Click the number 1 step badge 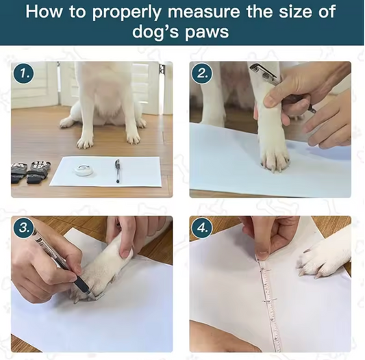click(x=23, y=74)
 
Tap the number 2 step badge click(x=201, y=74)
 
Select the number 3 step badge click(x=23, y=228)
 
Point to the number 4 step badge click(x=202, y=228)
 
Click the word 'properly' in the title click(x=126, y=12)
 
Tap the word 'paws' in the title click(x=207, y=32)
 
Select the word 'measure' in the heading click(x=203, y=12)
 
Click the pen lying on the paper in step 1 click(x=118, y=171)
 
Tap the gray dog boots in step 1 click(x=30, y=171)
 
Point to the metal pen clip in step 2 click(x=263, y=71)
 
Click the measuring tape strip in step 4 click(x=269, y=303)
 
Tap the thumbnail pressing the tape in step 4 click(x=262, y=256)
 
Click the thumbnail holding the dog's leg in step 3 click(x=126, y=254)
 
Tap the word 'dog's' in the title click(x=155, y=32)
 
